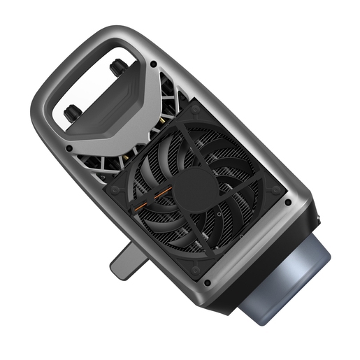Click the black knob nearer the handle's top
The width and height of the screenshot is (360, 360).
click(x=116, y=66)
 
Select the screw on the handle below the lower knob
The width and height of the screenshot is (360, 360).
click(x=69, y=148)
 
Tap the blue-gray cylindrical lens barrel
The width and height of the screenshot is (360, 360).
click(x=287, y=276)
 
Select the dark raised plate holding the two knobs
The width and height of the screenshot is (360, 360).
click(x=119, y=112)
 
